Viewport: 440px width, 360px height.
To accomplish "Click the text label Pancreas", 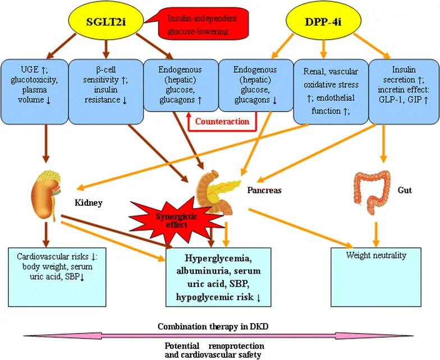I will pos(264,190).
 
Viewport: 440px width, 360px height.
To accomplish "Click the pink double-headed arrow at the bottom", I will pos(219,335).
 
